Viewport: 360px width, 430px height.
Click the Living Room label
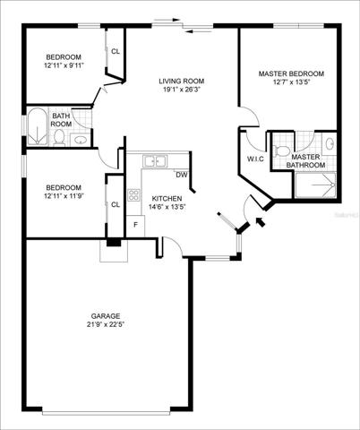(x=182, y=81)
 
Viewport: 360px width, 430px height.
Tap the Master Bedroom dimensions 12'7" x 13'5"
(x=291, y=82)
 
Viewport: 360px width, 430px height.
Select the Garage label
(x=106, y=316)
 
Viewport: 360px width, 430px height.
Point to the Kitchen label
(x=167, y=199)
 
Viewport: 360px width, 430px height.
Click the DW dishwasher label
(x=182, y=175)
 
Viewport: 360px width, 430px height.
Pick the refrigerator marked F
(x=136, y=226)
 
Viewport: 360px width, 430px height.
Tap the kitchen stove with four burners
(x=133, y=195)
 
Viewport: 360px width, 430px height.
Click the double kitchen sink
(x=155, y=161)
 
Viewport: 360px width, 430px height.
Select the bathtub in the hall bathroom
(x=38, y=126)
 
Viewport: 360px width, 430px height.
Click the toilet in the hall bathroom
(x=60, y=138)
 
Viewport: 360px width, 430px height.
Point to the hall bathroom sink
(x=80, y=140)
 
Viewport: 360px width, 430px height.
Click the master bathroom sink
(x=330, y=143)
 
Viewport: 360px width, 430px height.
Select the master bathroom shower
(x=316, y=185)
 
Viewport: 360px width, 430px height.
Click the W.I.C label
(x=255, y=159)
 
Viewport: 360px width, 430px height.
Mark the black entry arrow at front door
(x=261, y=222)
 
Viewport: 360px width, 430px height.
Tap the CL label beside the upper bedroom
(x=116, y=51)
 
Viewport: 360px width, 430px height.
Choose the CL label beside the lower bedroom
(x=116, y=204)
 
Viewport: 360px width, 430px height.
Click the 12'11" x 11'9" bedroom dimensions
(x=63, y=196)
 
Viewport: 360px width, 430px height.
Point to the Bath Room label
(x=61, y=120)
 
